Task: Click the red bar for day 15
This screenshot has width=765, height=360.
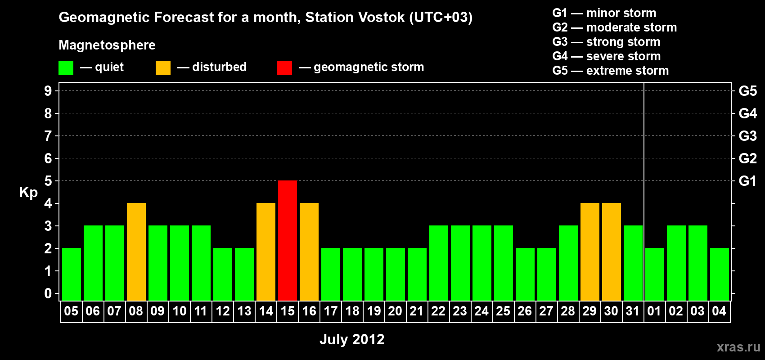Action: coord(288,240)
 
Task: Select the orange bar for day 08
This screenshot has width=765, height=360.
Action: coord(136,252)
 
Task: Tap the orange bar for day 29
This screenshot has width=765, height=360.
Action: coord(590,252)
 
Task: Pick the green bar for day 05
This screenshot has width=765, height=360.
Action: coord(72,274)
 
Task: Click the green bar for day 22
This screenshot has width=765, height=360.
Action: coord(439,263)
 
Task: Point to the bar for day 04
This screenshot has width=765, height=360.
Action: coord(720,274)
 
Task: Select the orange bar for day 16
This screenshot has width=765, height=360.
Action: coord(309,252)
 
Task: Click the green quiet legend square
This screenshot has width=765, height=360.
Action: coord(66,67)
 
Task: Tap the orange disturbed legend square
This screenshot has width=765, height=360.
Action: coord(163,67)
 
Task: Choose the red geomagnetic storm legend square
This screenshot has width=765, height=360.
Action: coord(285,67)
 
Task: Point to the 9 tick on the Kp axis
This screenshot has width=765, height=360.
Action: coord(48,91)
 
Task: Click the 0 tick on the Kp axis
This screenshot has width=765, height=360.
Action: coord(48,293)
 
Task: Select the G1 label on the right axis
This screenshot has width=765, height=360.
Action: coord(747,181)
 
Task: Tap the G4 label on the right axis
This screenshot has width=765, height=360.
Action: coord(747,113)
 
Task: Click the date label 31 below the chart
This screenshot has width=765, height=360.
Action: coord(633,311)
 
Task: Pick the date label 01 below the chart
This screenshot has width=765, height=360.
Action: coord(654,311)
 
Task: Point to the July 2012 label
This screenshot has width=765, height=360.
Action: coord(352,339)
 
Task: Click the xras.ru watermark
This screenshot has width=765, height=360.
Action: coord(738,347)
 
